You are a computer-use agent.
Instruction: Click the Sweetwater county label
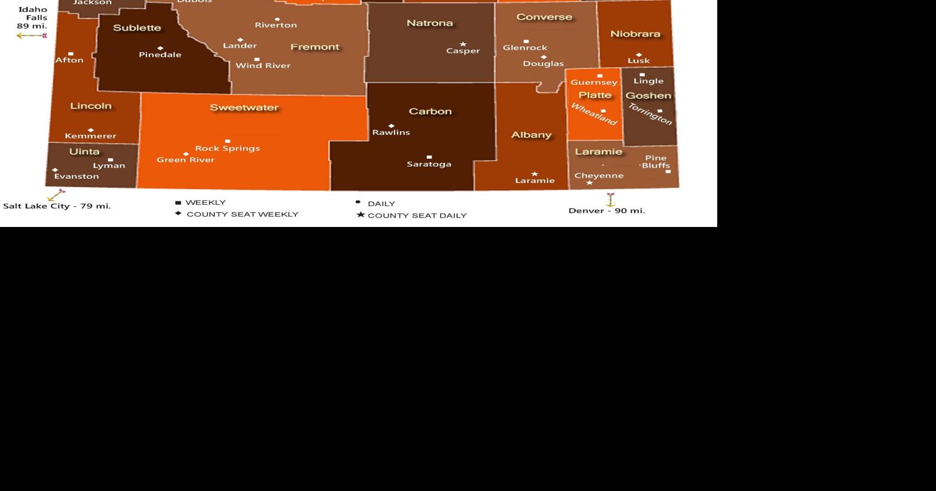coord(244,108)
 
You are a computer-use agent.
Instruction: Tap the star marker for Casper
coord(463,44)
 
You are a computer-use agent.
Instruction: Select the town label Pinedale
coord(160,54)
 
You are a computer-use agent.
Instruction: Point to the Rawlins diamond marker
coord(391,126)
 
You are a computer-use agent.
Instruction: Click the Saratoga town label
coord(429,164)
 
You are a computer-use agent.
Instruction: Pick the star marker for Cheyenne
coord(589,183)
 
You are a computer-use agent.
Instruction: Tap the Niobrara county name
coord(635,34)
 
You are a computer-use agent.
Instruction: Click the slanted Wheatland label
coord(594,114)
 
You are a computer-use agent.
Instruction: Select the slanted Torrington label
coord(650,113)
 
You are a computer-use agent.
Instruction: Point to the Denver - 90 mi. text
coord(606,210)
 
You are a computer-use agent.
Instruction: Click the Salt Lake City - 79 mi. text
coord(57,206)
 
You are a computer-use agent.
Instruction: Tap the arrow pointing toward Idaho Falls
coord(31,36)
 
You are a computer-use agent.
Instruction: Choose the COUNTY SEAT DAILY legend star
coord(360,214)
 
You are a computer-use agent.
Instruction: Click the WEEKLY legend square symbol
coord(178,203)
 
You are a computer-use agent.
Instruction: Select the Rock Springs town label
coord(227,148)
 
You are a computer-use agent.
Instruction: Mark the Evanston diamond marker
coord(55,170)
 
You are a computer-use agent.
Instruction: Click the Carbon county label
coord(430,111)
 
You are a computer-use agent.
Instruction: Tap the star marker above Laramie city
coord(534,174)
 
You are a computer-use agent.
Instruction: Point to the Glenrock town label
coord(525,48)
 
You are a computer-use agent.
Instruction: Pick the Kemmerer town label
coord(90,136)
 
